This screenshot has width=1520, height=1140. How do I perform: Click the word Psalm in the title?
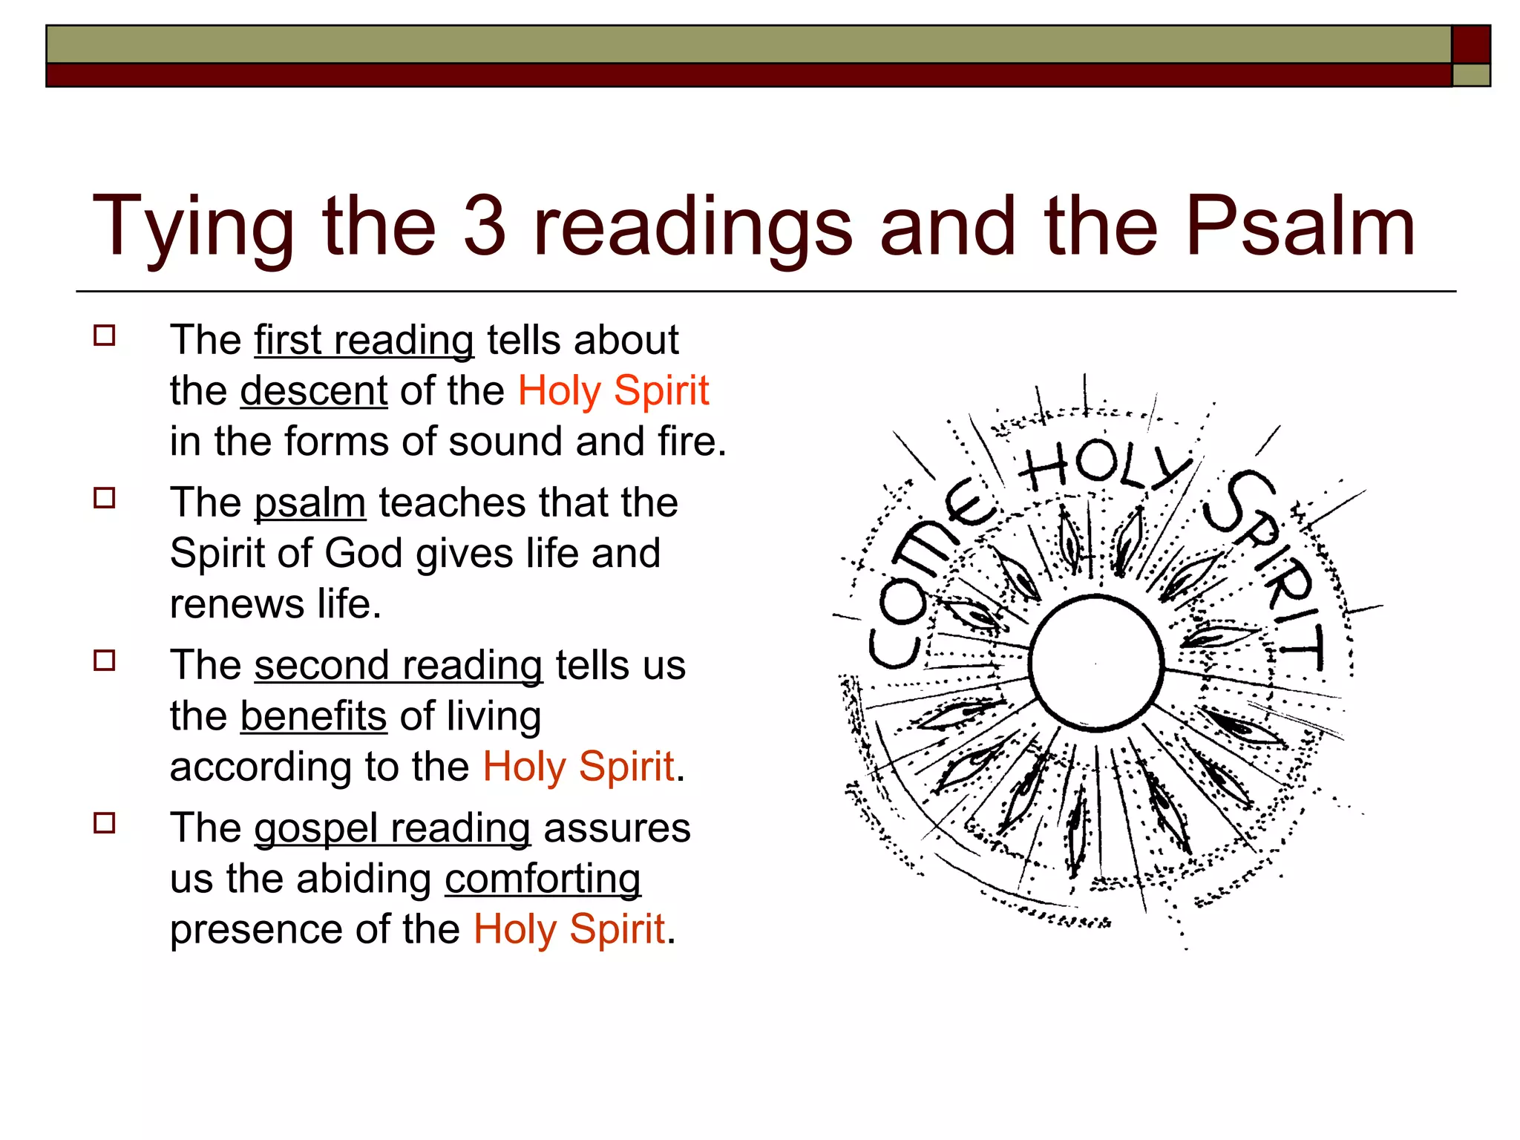1300,226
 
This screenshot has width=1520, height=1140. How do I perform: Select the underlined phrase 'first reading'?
364,341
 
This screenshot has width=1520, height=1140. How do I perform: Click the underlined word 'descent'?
313,391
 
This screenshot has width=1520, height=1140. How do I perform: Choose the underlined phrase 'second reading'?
398,666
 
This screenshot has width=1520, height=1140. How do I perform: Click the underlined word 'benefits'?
313,716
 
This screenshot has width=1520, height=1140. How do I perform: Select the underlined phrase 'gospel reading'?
392,828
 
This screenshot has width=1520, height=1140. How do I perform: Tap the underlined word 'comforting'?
543,879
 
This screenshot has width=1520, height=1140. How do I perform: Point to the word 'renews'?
237,604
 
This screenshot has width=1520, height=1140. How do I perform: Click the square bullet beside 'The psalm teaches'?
105,498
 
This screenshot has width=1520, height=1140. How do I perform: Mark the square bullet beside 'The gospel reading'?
105,823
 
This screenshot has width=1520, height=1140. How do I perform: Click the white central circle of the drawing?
1096,663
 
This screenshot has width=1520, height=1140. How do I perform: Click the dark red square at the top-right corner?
1470,45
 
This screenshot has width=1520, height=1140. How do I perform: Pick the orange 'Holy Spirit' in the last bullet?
569,929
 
